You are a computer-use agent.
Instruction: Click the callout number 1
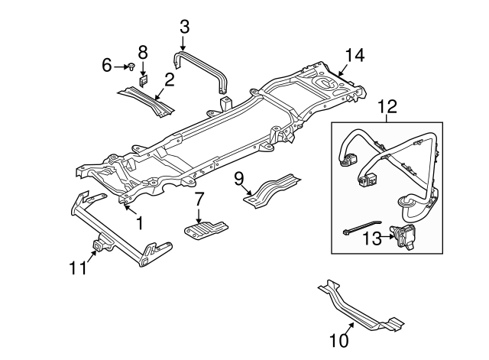point(139,224)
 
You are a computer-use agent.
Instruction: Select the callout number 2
point(169,78)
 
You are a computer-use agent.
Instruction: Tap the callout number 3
point(184,26)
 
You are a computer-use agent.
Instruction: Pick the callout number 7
point(199,200)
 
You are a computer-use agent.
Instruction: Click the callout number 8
point(143,53)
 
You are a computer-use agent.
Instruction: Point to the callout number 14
point(352,56)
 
